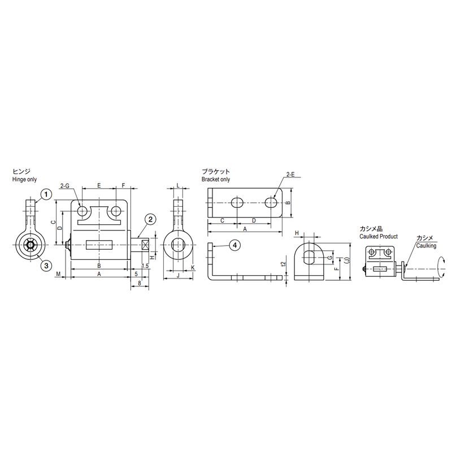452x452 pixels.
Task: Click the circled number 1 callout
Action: [x=46, y=194]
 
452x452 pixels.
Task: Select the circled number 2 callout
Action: [x=150, y=219]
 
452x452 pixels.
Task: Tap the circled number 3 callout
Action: [x=46, y=266]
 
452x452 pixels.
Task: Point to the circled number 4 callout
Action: [x=234, y=245]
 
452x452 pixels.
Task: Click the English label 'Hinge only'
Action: [x=24, y=179]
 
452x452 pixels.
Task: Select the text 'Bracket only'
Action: [x=216, y=179]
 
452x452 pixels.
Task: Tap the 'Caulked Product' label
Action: [x=379, y=236]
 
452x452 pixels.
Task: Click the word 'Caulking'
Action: [x=426, y=246]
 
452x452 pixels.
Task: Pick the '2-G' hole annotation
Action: [x=65, y=186]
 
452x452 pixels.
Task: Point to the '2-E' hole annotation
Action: [x=290, y=175]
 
